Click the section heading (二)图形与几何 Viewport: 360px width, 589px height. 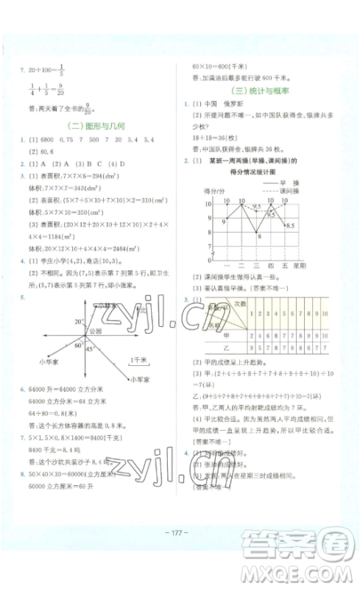[x=96, y=125]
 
